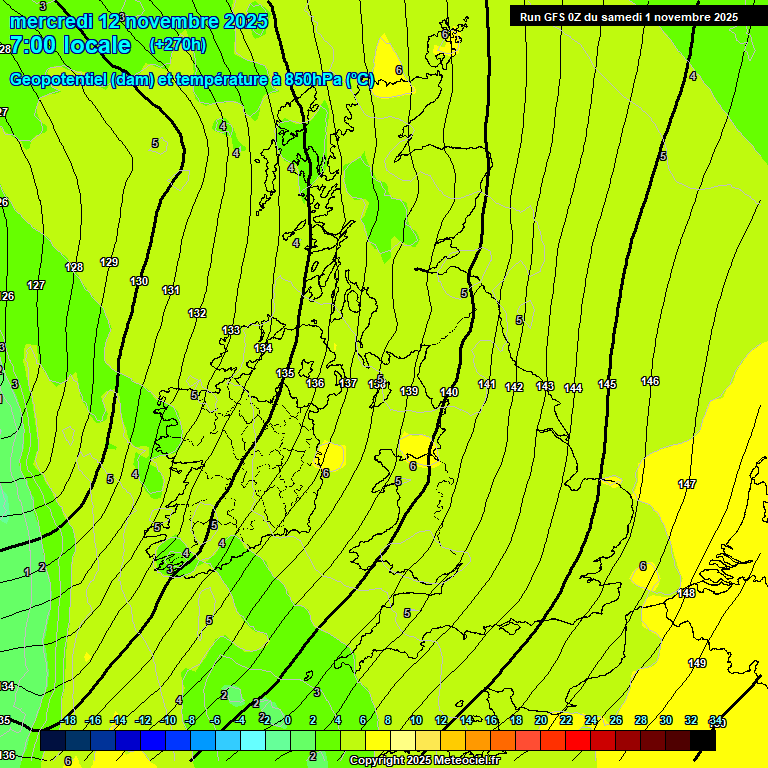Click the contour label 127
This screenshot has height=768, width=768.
click(x=36, y=285)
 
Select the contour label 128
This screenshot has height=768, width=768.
click(x=74, y=267)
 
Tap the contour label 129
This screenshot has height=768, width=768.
click(x=109, y=262)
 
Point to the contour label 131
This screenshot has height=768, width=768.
click(x=171, y=290)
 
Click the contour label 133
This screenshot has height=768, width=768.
click(x=231, y=329)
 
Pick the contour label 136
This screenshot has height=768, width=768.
click(x=315, y=383)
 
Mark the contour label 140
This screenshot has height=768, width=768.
click(x=449, y=392)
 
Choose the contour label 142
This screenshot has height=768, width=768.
click(x=514, y=387)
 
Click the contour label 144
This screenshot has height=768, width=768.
click(x=573, y=388)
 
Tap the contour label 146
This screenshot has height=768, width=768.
click(x=650, y=381)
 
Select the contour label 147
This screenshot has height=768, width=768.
click(x=687, y=484)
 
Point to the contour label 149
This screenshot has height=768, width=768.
click(x=697, y=663)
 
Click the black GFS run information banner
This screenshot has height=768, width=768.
click(x=629, y=17)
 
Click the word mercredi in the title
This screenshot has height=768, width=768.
click(x=53, y=21)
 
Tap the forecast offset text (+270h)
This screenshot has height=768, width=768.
click(x=177, y=44)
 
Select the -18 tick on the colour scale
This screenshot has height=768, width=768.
click(x=68, y=720)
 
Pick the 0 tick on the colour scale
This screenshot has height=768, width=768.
click(x=287, y=720)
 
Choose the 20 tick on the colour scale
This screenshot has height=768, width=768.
click(x=541, y=720)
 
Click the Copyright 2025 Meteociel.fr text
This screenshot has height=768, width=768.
click(x=424, y=760)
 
